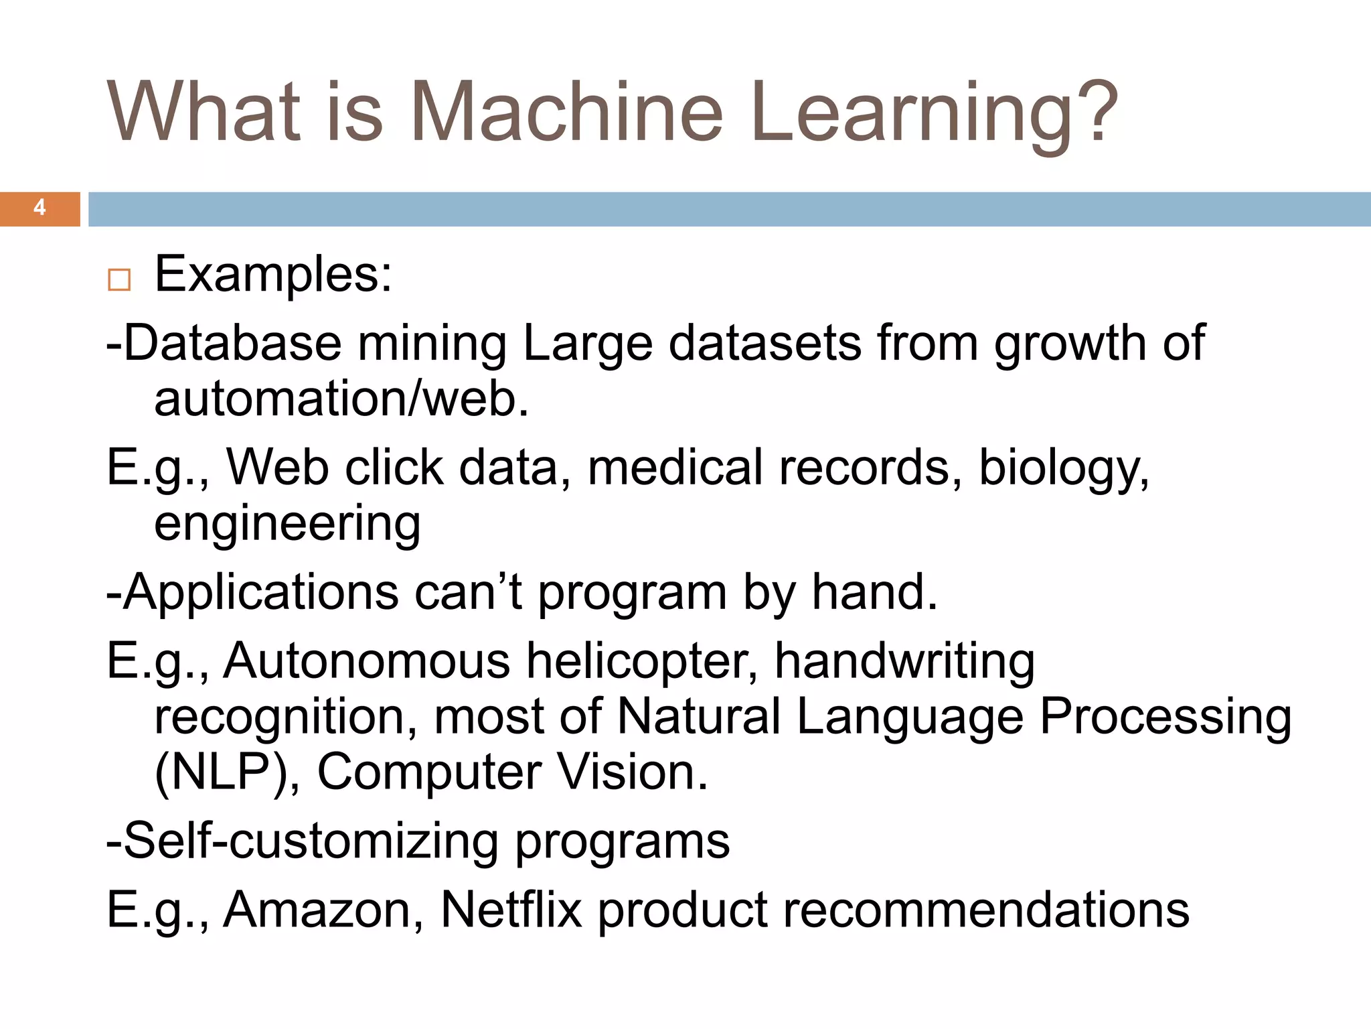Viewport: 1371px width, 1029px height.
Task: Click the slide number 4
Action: tap(39, 208)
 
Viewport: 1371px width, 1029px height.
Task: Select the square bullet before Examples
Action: tap(119, 279)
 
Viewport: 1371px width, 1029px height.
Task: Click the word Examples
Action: tap(273, 275)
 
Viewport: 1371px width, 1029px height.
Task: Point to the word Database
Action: tap(232, 343)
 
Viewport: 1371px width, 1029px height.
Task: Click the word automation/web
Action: tap(341, 399)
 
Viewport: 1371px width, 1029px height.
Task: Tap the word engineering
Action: tap(287, 524)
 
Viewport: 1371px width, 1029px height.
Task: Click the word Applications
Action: tap(261, 592)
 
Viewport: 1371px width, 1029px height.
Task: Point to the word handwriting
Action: tap(904, 662)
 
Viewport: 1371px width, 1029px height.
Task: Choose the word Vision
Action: tap(633, 772)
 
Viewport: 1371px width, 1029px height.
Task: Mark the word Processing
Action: tap(1165, 717)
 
